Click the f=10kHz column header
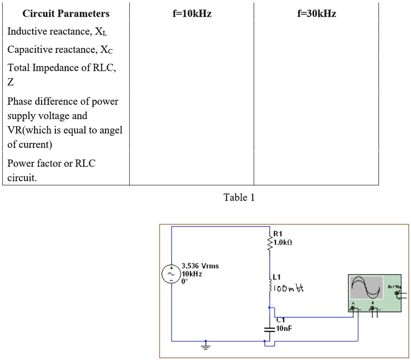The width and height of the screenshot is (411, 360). [191, 14]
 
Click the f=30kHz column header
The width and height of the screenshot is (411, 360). [316, 14]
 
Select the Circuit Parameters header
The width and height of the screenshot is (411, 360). [66, 14]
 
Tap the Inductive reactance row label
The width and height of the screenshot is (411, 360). [58, 32]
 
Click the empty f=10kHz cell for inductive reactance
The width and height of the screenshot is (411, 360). [191, 32]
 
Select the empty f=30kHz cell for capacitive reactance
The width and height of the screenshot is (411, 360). [316, 50]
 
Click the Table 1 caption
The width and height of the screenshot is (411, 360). [239, 197]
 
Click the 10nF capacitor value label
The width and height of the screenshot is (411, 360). [284, 328]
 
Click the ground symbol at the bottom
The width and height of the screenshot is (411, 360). [205, 346]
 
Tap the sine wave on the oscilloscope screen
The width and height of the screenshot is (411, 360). [367, 288]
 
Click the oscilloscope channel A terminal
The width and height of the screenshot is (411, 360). [354, 309]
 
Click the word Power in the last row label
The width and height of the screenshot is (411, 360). [21, 163]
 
